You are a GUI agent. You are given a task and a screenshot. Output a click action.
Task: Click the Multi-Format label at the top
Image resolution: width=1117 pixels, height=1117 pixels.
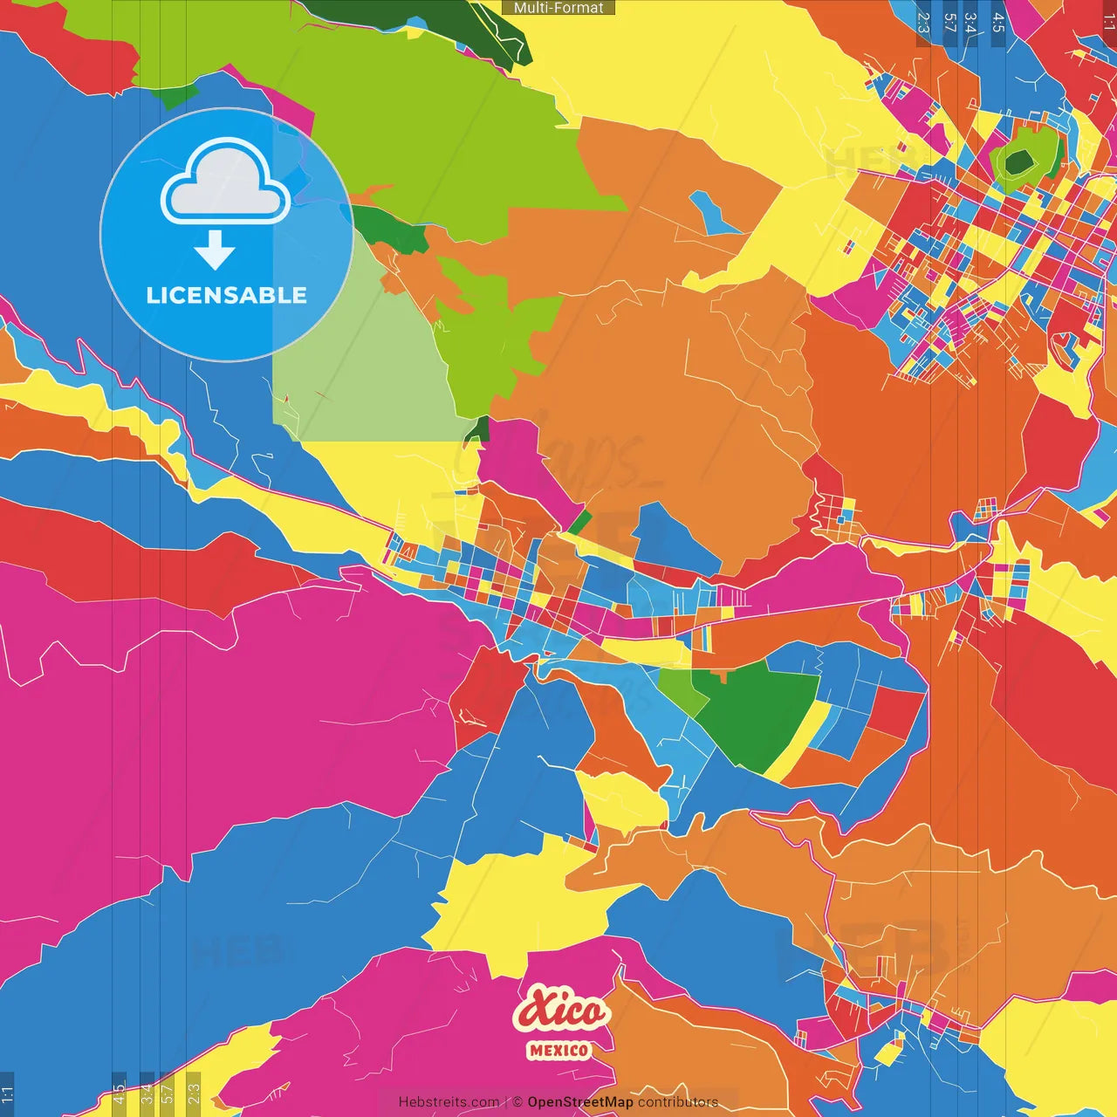point(558,8)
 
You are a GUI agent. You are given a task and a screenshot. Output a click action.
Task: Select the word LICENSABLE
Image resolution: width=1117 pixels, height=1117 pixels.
point(226,295)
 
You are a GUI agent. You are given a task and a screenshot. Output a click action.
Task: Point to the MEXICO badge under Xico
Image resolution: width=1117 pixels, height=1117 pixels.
point(558,1051)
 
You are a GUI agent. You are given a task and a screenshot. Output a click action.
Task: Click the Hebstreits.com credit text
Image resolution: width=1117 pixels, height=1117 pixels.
point(449,1102)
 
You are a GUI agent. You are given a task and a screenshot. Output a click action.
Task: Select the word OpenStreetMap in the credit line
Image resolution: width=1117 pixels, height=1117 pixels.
point(580,1102)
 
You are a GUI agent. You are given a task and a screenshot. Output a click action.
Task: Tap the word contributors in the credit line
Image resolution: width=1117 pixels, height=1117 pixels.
point(678,1102)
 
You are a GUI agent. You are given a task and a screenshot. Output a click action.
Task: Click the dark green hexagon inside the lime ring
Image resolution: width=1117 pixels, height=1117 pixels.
point(1018,161)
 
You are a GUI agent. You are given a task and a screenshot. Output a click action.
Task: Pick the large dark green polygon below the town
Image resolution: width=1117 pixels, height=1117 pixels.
point(753,716)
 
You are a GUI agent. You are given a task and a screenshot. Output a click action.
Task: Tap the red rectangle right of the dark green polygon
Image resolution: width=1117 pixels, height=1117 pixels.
point(894,711)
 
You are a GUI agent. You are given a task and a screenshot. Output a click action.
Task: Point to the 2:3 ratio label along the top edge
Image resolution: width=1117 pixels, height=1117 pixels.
point(923,22)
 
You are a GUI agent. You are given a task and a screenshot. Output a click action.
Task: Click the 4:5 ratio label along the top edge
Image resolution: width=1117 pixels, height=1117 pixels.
point(997,22)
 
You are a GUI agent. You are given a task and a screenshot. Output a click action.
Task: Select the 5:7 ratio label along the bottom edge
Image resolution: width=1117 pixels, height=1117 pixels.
point(167,1093)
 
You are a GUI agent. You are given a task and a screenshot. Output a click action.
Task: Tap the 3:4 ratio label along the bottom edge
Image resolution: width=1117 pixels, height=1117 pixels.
point(147,1093)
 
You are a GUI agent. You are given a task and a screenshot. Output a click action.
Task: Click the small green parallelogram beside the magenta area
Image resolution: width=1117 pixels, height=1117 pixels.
point(579,523)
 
